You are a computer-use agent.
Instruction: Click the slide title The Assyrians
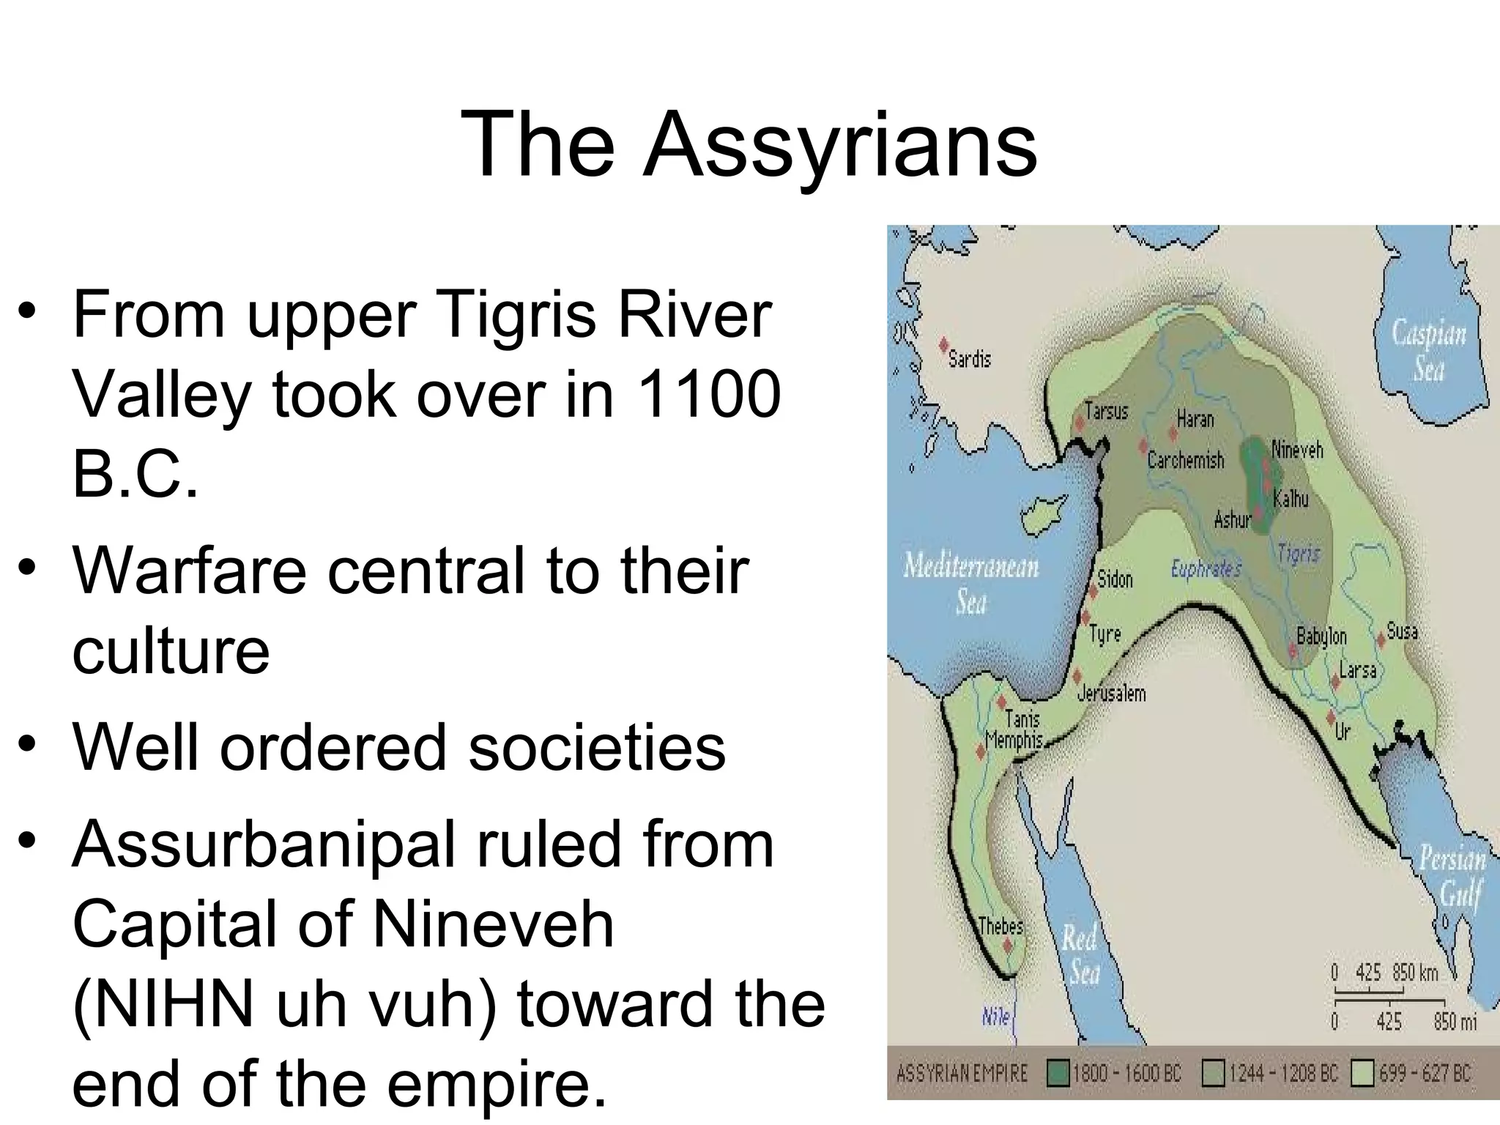point(748,144)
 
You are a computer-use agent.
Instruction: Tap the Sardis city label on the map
point(969,359)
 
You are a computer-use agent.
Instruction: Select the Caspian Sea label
point(1429,351)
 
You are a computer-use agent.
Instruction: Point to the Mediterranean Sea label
point(971,583)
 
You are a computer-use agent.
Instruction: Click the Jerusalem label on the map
point(1111,693)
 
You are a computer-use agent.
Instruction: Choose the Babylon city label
point(1321,636)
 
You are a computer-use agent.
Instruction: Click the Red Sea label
point(1080,955)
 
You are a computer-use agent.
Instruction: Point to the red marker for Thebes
point(1007,946)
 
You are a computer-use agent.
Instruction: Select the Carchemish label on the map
point(1185,460)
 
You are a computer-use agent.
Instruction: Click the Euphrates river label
point(1206,568)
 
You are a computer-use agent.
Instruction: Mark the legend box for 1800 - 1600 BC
point(1058,1074)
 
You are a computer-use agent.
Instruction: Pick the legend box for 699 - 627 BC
point(1362,1074)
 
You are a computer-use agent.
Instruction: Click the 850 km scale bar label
point(1415,973)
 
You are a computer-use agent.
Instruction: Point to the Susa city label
point(1402,631)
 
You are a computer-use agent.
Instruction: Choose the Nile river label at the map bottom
point(995,1017)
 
